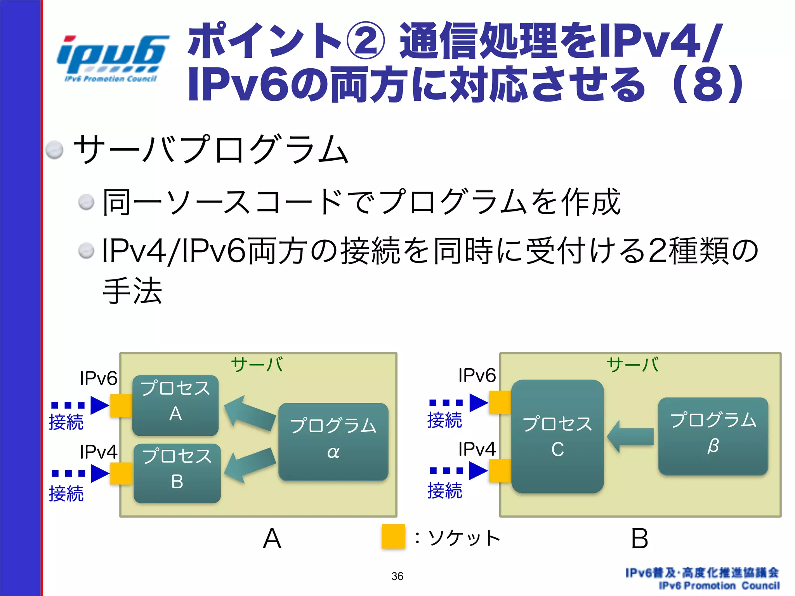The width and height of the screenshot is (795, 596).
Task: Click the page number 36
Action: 397,576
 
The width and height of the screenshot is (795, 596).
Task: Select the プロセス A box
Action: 175,405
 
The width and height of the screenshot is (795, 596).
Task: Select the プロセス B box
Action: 177,473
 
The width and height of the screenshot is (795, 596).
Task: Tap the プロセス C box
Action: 557,436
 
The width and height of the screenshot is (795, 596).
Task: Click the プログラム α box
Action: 333,442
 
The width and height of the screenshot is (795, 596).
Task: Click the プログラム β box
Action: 713,436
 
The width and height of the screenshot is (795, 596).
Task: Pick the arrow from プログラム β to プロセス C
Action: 630,437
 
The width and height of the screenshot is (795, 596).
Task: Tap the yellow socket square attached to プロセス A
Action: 121,405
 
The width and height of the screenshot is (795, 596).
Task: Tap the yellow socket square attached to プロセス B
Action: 121,473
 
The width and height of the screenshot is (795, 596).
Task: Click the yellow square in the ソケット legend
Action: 393,536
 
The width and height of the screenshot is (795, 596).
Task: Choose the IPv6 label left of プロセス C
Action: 477,376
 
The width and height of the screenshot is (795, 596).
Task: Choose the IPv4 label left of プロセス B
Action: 98,452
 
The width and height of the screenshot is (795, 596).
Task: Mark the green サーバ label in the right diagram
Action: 633,365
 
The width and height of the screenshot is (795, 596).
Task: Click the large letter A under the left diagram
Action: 272,539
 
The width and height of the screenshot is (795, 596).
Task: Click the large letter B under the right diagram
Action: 639,539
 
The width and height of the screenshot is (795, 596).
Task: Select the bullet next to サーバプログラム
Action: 54,150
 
